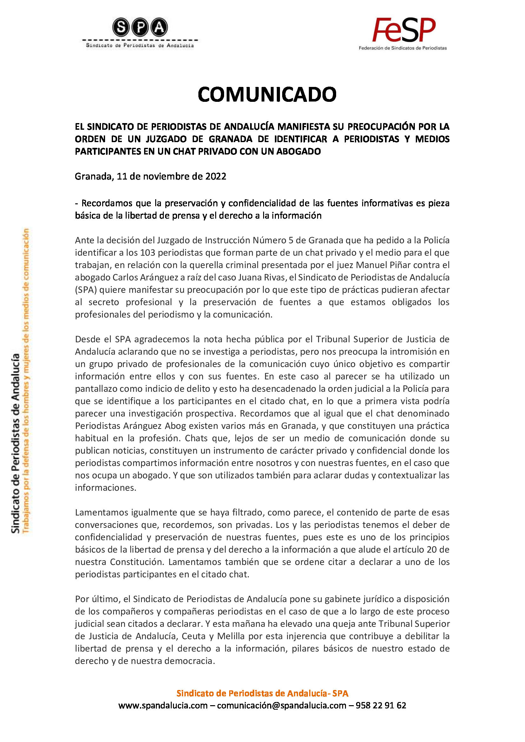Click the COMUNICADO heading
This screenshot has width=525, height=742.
tap(267, 94)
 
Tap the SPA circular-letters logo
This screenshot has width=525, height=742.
tap(140, 27)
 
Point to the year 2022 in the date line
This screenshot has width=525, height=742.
tap(216, 176)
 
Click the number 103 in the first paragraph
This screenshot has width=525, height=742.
tap(148, 253)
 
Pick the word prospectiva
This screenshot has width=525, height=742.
tap(211, 413)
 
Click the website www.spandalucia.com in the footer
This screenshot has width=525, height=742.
tap(163, 705)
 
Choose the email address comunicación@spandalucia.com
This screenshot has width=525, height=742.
tap(282, 705)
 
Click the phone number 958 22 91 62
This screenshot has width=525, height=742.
tap(381, 705)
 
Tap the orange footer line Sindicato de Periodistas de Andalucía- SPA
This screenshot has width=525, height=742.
tap(262, 693)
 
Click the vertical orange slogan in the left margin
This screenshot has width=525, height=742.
tap(26, 381)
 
